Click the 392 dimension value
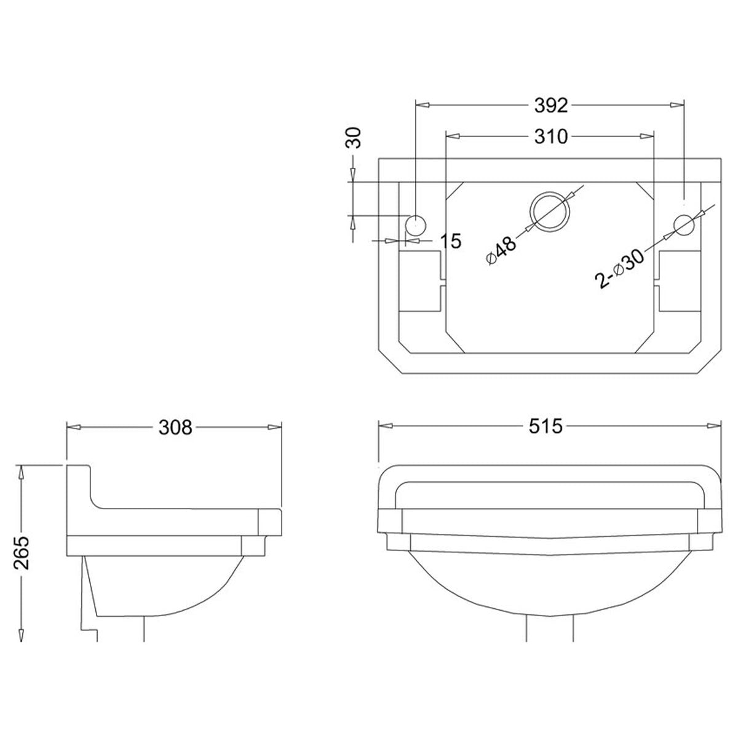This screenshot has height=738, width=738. click(550, 106)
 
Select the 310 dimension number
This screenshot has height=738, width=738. click(550, 137)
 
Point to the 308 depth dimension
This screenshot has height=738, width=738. click(175, 427)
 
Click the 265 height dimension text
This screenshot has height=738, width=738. click(22, 553)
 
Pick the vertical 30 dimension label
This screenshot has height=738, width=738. click(353, 138)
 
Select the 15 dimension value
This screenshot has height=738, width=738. click(451, 241)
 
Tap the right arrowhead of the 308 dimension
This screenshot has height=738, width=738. click(276, 427)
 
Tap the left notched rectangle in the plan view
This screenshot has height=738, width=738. click(421, 280)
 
